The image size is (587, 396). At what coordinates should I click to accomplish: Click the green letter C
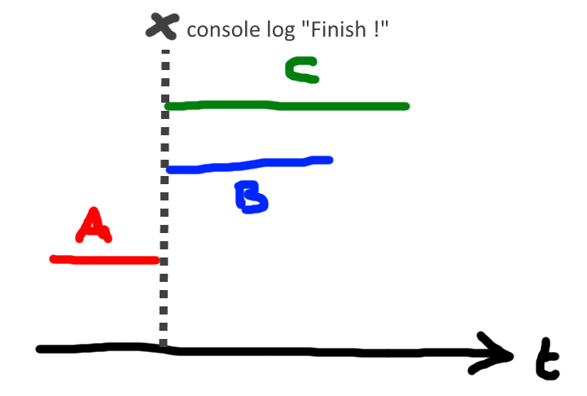click(301, 71)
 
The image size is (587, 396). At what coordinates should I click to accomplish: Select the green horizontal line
click(285, 106)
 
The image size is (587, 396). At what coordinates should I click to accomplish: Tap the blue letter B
click(251, 197)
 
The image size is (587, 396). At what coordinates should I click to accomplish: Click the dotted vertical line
click(164, 204)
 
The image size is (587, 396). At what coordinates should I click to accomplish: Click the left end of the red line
click(53, 259)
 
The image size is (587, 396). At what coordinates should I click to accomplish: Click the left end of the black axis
click(40, 349)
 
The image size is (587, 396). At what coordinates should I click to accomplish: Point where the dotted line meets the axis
click(164, 349)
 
